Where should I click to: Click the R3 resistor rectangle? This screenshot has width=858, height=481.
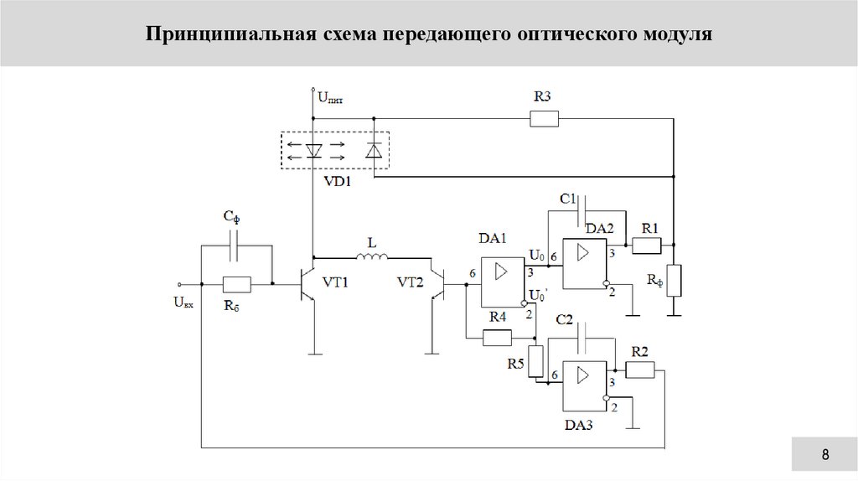pos(544,119)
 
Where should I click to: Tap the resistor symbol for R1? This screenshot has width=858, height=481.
pos(647,245)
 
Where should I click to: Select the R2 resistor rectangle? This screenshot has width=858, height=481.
pos(640,370)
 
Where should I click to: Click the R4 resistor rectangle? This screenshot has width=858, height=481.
pos(498,338)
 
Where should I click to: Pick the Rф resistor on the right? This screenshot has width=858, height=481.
pos(675,280)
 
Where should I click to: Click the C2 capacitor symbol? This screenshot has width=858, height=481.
pos(587,339)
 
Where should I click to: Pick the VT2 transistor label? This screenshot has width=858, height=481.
pos(411,282)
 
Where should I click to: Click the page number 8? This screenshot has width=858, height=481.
pos(825,455)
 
